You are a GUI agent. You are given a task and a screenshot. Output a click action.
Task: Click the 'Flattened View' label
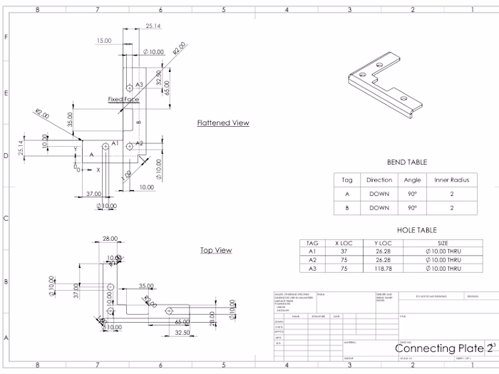pos(223,123)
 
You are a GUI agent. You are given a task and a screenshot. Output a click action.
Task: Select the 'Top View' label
pos(216,250)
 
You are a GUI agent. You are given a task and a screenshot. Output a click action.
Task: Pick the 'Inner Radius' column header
pos(451,180)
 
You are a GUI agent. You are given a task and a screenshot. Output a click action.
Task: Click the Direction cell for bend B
pos(379,208)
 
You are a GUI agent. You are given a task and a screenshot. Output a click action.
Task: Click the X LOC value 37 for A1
pos(344,251)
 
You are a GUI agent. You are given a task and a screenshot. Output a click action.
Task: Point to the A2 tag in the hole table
pos(312,260)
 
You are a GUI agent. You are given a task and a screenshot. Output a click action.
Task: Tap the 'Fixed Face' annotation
pos(123,99)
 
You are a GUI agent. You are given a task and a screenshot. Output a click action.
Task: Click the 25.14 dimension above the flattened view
pos(153,26)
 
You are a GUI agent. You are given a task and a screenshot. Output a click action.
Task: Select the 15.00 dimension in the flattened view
pos(104,41)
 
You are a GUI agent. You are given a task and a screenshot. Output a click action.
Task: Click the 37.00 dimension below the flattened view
pos(93,194)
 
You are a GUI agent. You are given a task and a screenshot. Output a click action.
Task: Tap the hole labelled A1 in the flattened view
pos(106,145)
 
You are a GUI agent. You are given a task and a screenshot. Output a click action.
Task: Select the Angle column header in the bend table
pos(413,180)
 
